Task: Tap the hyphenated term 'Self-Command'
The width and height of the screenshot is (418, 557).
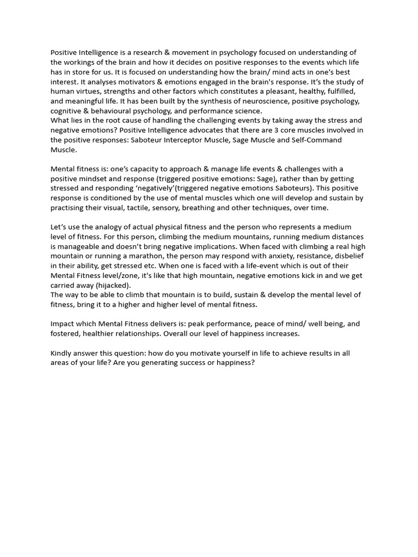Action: pos(315,140)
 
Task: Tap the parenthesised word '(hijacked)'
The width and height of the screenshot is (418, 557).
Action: pos(112,285)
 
